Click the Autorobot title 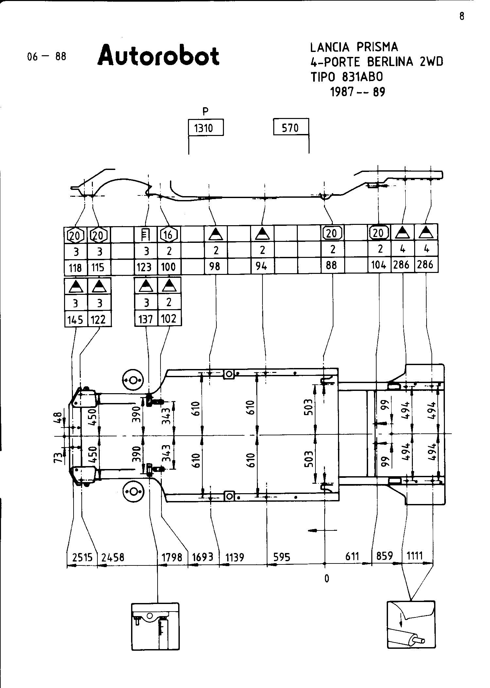point(159,56)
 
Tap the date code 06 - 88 point(47,57)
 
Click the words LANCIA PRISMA point(354,47)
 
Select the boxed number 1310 point(206,128)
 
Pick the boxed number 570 point(290,127)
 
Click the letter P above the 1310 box point(205,112)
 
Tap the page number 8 point(462,16)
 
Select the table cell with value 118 point(76,268)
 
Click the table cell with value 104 point(379,265)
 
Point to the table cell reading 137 point(146,319)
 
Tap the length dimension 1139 point(235,557)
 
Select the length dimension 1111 point(414,555)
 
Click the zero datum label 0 point(327,579)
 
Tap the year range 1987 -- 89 point(358,92)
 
